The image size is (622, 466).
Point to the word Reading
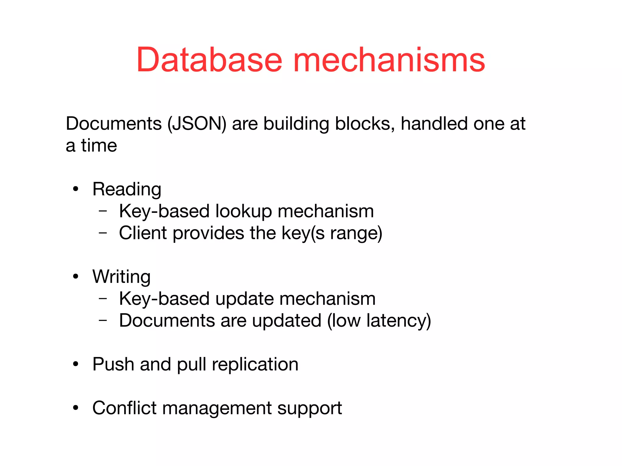coord(127,189)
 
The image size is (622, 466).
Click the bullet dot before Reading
coord(76,189)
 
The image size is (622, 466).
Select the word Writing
coord(121,277)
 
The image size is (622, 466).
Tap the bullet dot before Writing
coord(76,277)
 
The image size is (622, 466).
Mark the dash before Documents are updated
coord(103,320)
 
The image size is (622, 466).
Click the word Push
coord(113,364)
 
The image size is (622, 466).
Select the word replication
coord(255,364)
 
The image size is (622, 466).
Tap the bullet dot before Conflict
coord(76,408)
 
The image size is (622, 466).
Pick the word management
coord(217,408)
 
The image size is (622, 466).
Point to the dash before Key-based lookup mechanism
coord(103,211)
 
